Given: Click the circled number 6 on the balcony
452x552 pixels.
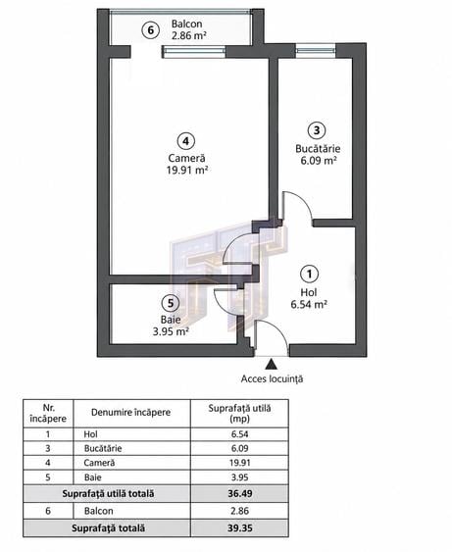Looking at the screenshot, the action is coord(151,30).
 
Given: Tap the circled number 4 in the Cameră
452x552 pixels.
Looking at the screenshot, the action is coord(186,141).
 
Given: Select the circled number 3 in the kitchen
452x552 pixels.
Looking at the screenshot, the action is coord(317,130).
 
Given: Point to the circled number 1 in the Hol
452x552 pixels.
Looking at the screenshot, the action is coord(310,274).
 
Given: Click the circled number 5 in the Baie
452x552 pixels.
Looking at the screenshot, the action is coord(171,303).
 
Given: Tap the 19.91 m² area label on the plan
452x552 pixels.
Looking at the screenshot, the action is coord(186,171).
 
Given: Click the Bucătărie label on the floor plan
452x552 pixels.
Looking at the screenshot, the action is coord(318,149).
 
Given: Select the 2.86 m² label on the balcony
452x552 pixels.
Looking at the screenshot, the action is coord(188,35).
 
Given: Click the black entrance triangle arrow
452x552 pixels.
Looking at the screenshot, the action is coord(271,364).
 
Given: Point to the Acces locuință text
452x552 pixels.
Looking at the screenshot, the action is coord(272,379).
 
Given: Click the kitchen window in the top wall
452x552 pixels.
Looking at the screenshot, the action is coord(316,51).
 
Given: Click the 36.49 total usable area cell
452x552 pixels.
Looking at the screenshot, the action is coord(240,493).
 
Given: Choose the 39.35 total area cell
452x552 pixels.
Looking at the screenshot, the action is coord(240,528).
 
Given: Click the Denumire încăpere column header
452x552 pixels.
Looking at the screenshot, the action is coord(131,412).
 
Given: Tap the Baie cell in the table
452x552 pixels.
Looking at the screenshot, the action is coord(93,477).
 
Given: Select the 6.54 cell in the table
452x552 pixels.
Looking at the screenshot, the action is coord(240,434).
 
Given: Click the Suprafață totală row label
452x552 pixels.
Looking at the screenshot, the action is coord(108,528).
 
